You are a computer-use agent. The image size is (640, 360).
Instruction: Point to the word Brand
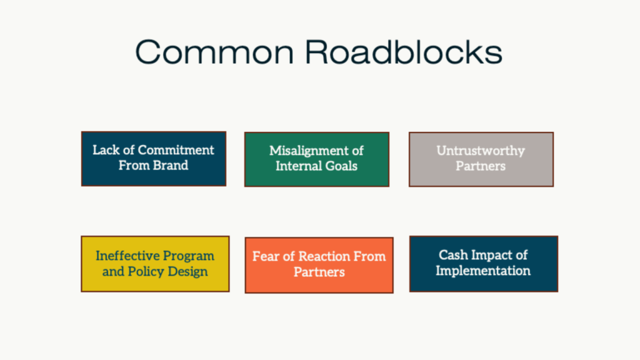171,166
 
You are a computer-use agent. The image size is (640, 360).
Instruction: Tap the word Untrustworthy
481,151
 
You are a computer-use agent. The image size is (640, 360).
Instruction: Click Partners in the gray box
481,166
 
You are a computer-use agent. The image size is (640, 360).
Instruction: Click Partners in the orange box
319,272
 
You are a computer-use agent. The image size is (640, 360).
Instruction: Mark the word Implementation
483,271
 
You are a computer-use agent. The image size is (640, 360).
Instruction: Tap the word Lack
106,150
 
